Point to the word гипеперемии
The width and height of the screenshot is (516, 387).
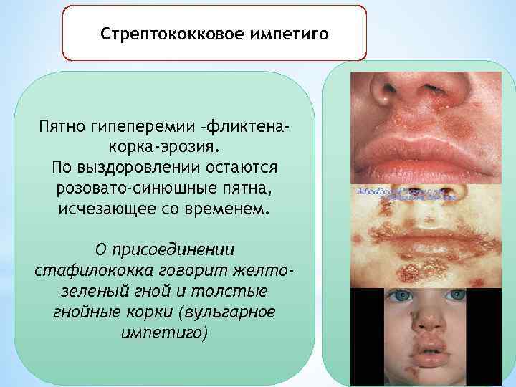pos(143,127)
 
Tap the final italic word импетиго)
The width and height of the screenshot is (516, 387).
pos(164,334)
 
